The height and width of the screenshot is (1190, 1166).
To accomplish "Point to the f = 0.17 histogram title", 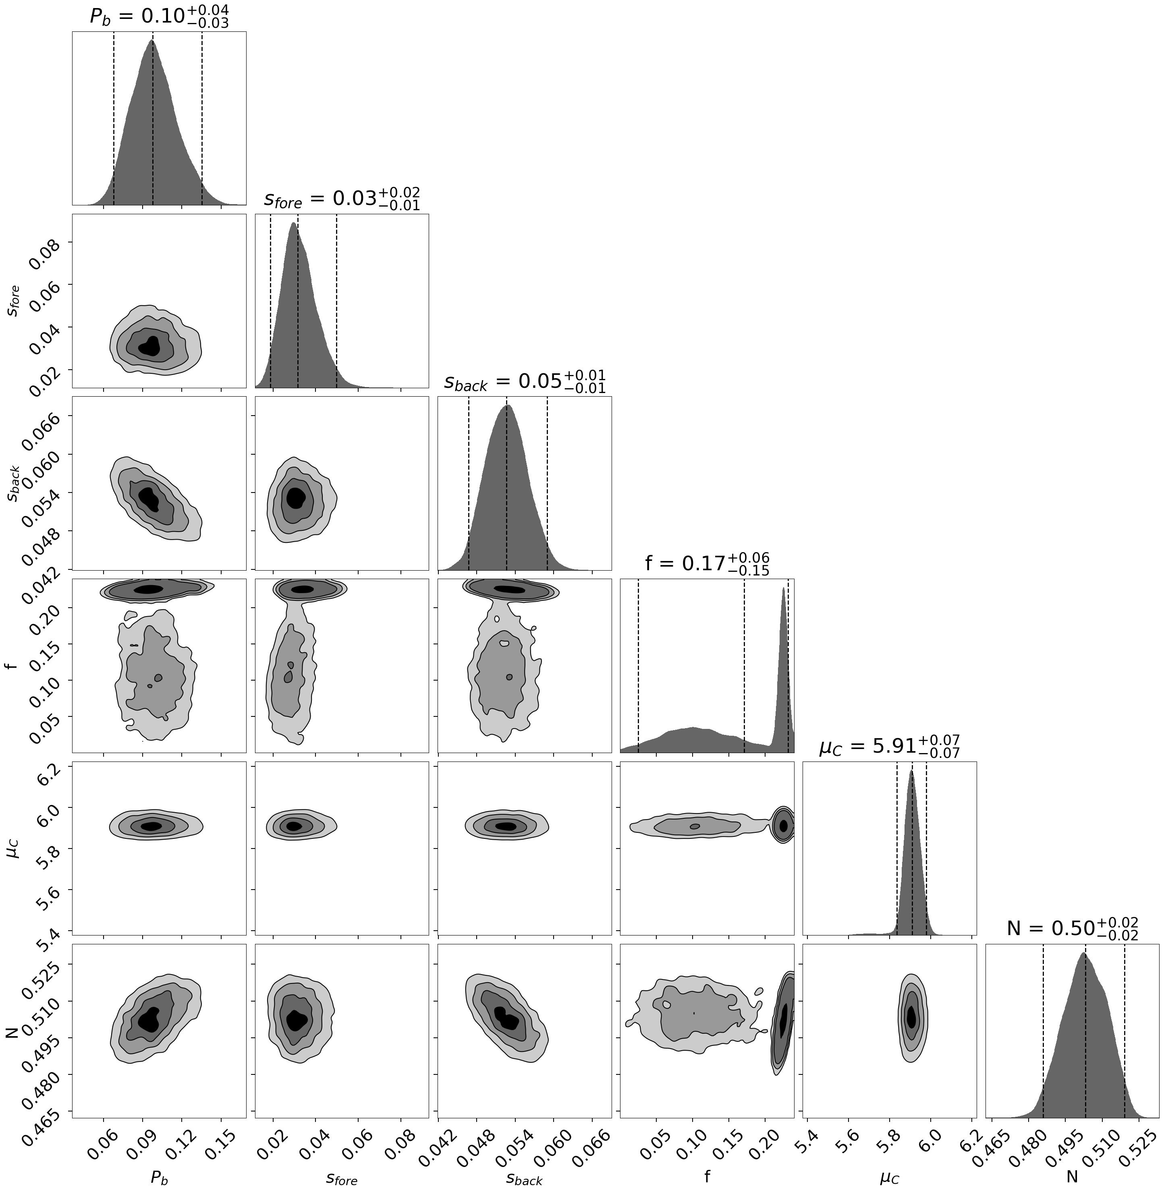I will click(707, 564).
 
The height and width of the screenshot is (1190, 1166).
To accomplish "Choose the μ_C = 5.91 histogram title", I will click(889, 747).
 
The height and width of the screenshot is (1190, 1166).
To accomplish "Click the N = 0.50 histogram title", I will click(1072, 929).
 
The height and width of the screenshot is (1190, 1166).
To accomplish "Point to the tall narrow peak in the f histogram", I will click(783, 661).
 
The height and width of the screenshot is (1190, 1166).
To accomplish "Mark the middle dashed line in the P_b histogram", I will click(153, 122).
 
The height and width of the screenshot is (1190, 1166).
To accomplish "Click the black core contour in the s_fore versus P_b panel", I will click(149, 346).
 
